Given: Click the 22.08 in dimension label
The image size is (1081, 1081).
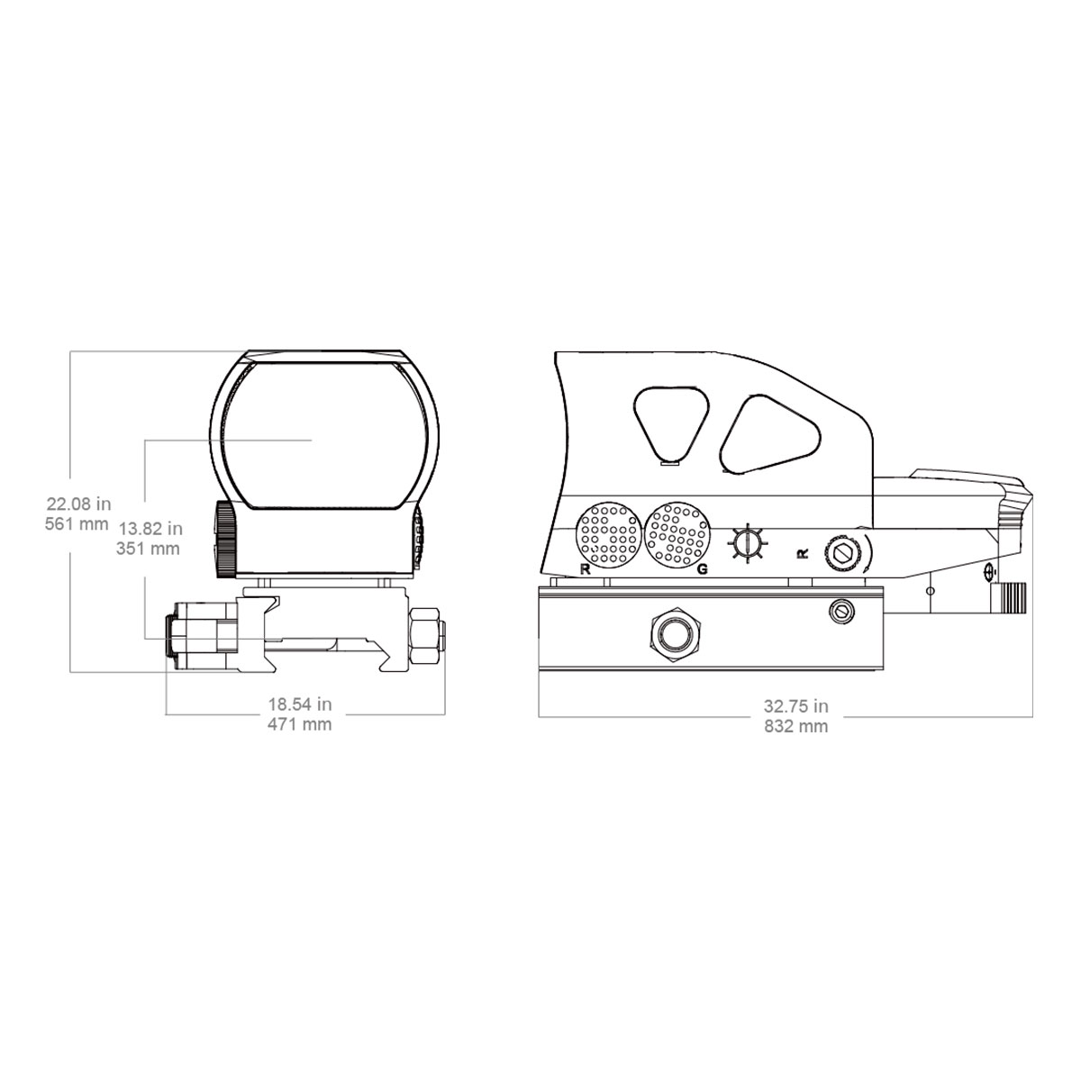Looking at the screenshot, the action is tap(78, 504).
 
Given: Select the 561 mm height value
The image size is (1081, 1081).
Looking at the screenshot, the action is tap(77, 524).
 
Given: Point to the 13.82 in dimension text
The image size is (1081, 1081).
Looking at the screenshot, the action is tap(150, 529).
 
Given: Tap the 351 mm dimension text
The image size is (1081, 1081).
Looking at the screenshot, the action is tap(148, 548).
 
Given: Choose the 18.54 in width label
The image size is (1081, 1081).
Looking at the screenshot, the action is tap(300, 704).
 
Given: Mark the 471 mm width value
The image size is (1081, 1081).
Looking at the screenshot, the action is tap(300, 723).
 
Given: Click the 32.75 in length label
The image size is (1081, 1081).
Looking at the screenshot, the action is tap(796, 705).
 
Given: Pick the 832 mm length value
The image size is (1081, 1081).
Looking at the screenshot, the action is tap(796, 726).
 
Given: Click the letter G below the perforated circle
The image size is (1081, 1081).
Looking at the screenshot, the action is tap(702, 569).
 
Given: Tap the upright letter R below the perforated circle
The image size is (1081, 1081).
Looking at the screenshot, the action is tap(586, 569).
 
